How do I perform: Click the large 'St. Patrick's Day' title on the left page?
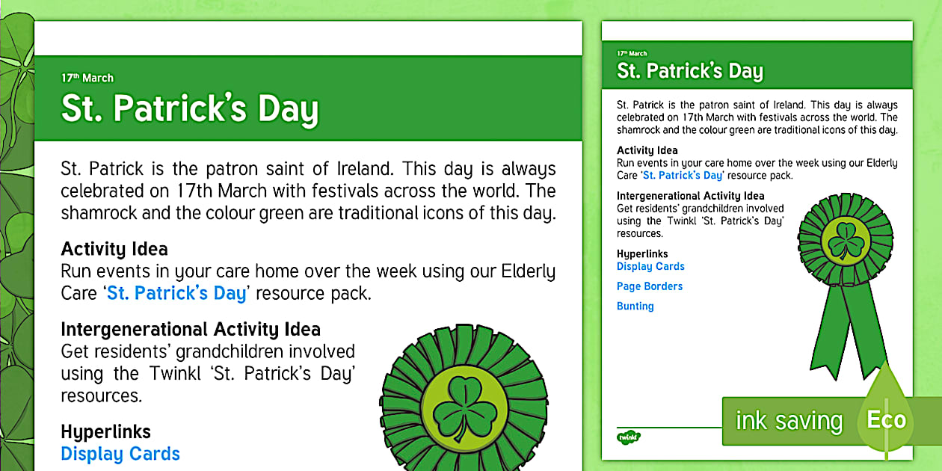coord(190,109)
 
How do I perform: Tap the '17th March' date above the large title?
coord(87,78)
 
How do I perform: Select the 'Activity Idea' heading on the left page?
coord(114,249)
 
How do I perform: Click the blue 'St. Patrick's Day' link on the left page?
coord(176,293)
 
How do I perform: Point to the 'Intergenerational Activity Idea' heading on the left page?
coord(191,329)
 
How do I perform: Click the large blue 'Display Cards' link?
coord(120,454)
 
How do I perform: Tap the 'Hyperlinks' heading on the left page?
coord(105,431)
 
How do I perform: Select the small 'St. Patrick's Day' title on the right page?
coord(689,71)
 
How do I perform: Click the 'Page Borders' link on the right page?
coord(650,286)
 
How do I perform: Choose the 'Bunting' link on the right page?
coord(635,306)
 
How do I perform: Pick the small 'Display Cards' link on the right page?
coord(650,266)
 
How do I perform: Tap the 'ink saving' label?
coord(789,421)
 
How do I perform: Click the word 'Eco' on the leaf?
coord(886,419)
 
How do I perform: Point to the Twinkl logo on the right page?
coord(629,436)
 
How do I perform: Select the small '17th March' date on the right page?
coord(632,54)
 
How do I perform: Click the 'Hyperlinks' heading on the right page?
coord(642,253)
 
